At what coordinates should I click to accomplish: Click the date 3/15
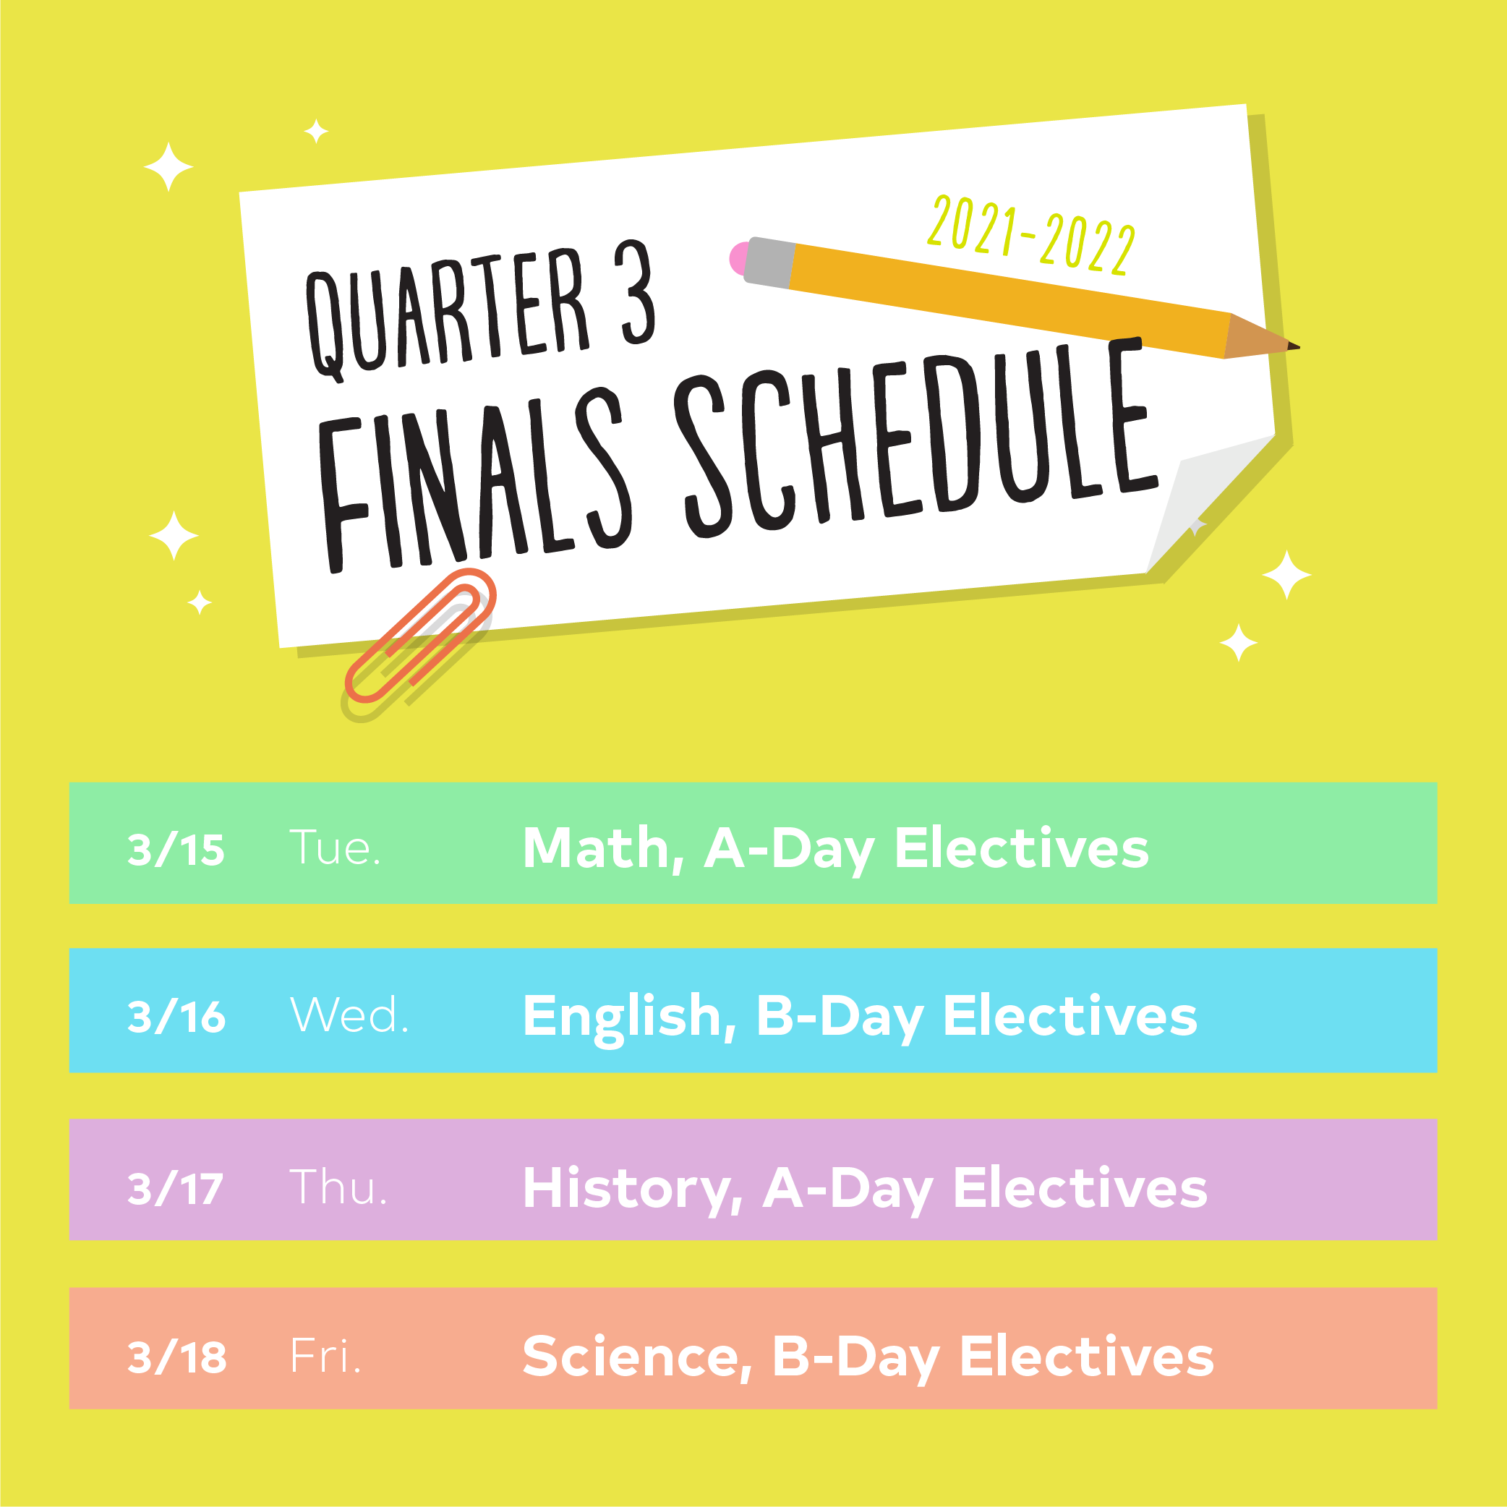[x=176, y=850]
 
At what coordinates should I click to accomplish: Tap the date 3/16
[x=176, y=1017]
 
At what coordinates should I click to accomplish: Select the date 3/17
[x=176, y=1189]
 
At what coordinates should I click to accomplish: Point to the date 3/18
[x=177, y=1357]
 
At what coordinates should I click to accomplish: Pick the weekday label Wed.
[x=349, y=1015]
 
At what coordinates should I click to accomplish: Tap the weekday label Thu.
[x=338, y=1187]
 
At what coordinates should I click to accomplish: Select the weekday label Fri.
[x=325, y=1356]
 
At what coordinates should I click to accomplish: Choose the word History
[x=633, y=1190]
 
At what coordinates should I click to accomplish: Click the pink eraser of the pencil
[x=738, y=258]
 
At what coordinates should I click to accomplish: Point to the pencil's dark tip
[x=1293, y=346]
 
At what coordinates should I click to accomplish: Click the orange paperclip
[x=419, y=636]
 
